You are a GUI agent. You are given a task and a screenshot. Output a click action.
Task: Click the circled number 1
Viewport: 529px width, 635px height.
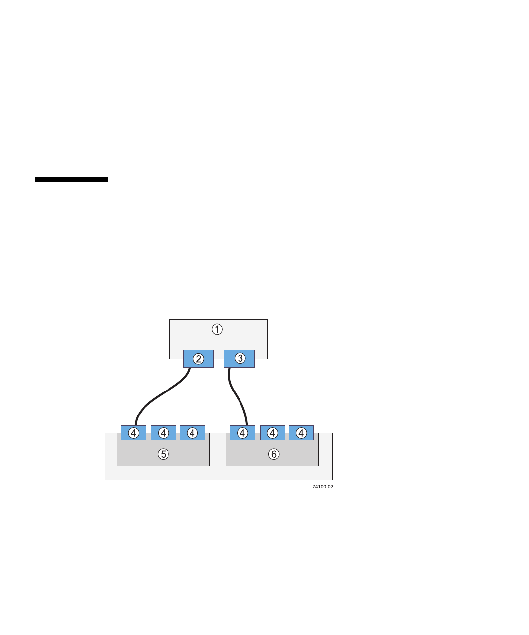(217, 329)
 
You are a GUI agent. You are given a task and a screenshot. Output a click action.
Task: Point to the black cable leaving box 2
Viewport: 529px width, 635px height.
(162, 395)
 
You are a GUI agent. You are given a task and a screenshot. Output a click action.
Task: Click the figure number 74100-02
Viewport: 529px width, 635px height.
(323, 487)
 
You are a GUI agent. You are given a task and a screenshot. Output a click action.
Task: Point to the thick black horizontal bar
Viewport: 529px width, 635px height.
(72, 180)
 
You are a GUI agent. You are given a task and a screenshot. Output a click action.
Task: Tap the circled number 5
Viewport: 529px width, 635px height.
(163, 454)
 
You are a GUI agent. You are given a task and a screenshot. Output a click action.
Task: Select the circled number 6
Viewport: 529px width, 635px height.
(274, 454)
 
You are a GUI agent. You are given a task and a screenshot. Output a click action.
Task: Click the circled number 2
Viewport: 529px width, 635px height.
(198, 359)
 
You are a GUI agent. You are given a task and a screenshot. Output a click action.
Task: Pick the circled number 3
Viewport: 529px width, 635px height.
(240, 358)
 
